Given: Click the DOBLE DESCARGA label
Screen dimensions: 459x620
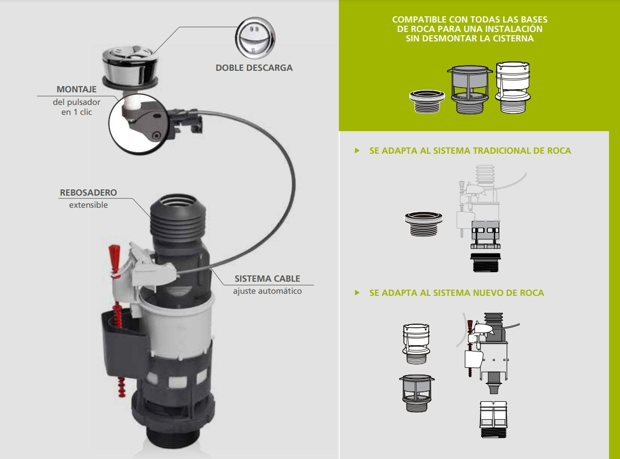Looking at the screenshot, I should tap(254, 68).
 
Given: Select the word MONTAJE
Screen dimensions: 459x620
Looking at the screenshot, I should tap(77, 89).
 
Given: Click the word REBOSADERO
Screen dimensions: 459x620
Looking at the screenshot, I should tap(88, 193).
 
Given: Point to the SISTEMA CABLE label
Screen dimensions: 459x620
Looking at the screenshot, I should tap(267, 279).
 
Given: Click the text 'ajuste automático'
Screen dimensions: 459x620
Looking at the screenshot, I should tap(268, 291).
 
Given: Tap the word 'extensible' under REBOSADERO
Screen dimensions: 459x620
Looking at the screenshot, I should tap(88, 205).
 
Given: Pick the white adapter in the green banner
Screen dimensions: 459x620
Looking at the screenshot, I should tap(514, 87).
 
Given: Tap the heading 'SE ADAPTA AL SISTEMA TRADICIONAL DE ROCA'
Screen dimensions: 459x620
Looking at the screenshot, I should tap(470, 151).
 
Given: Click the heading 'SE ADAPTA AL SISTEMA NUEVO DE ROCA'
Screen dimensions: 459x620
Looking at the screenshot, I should tap(456, 293).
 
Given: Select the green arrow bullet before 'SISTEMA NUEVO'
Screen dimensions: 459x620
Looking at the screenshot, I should tap(357, 293).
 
